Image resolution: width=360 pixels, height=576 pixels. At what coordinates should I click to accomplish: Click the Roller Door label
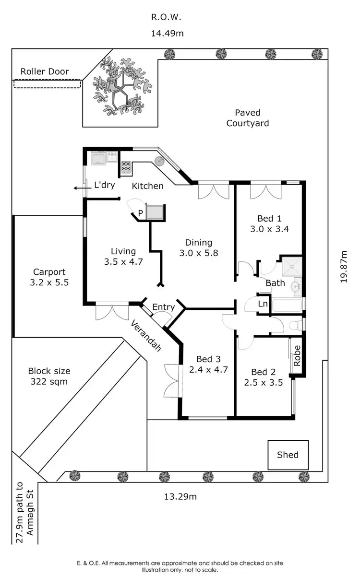click(45, 72)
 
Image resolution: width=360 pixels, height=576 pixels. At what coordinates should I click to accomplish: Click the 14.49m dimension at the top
click(168, 34)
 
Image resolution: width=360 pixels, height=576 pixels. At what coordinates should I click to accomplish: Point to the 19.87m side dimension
click(343, 266)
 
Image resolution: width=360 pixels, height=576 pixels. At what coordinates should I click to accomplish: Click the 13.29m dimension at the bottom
click(177, 496)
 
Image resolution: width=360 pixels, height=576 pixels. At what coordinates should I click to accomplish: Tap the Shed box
click(288, 455)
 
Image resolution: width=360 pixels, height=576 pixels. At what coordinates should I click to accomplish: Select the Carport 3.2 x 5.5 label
click(49, 277)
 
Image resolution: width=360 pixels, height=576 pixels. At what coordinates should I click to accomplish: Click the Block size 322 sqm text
click(49, 376)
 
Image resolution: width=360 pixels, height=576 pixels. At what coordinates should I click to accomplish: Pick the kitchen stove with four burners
click(126, 166)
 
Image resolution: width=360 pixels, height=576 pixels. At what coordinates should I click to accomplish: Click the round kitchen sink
click(159, 161)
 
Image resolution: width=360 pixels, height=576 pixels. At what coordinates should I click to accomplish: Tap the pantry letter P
click(141, 213)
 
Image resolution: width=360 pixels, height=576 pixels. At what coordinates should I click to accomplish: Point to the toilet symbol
click(297, 325)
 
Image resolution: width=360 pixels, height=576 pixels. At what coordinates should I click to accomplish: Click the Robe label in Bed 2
click(297, 356)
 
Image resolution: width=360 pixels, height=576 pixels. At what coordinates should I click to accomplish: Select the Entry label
click(163, 307)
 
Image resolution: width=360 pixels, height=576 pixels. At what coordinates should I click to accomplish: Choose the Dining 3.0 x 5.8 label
click(199, 247)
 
